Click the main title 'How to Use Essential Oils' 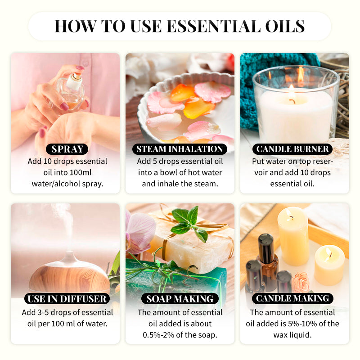pos(180,26)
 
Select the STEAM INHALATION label pos(180,149)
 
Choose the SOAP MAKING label pos(180,298)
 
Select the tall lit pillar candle pos(292,234)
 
